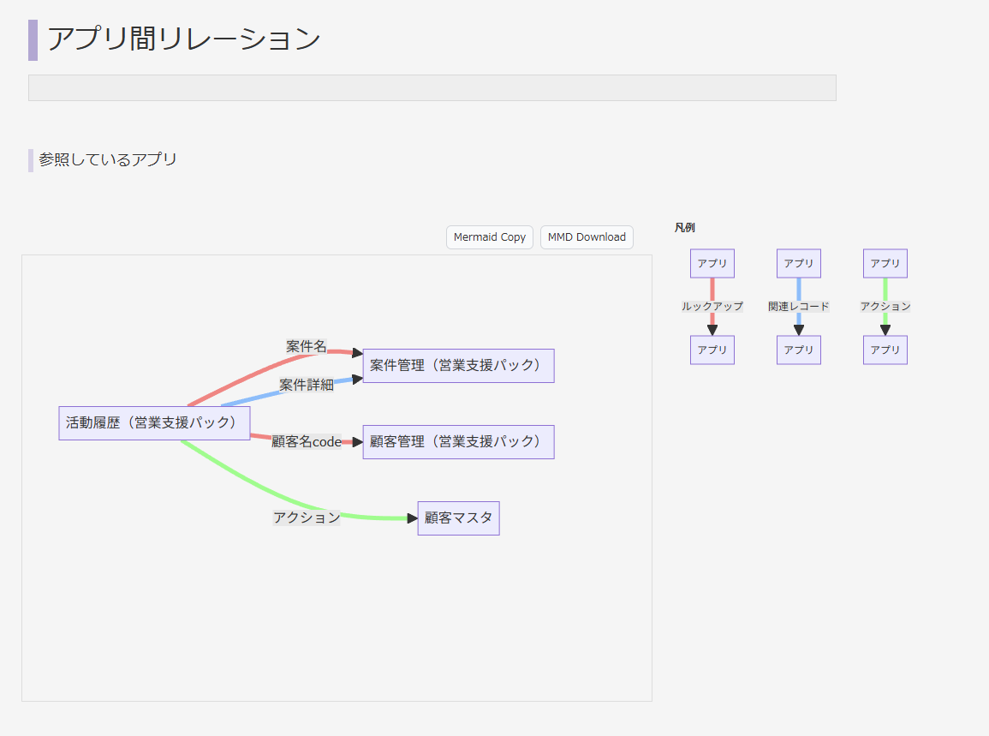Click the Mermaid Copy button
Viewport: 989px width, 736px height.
pyautogui.click(x=490, y=237)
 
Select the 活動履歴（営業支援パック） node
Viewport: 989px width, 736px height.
pyautogui.click(x=154, y=423)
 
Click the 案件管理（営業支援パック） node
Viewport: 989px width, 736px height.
pyautogui.click(x=458, y=366)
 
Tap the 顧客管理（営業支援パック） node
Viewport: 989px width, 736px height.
pyautogui.click(x=458, y=442)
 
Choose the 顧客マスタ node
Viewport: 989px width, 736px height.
pyautogui.click(x=458, y=518)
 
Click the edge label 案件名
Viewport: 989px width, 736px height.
pyautogui.click(x=306, y=346)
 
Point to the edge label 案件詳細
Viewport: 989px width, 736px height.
pyautogui.click(x=306, y=385)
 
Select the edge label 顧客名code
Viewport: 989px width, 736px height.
pyautogui.click(x=307, y=442)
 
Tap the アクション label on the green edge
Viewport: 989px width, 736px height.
pyautogui.click(x=307, y=518)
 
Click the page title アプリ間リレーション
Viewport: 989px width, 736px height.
pyautogui.click(x=183, y=39)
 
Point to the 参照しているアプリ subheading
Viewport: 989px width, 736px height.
pyautogui.click(x=108, y=159)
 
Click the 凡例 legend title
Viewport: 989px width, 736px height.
pyautogui.click(x=684, y=228)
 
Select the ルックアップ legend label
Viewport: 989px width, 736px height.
pyautogui.click(x=712, y=306)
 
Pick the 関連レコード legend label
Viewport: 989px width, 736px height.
pyautogui.click(x=799, y=306)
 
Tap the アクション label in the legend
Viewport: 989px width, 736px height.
pyautogui.click(x=885, y=306)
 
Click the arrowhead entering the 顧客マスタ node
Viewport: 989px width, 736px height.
pyautogui.click(x=412, y=518)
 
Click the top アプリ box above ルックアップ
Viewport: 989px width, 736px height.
pyautogui.click(x=712, y=264)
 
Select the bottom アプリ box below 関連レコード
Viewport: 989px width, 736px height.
pyautogui.click(x=799, y=350)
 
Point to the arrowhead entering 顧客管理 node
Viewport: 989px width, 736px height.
pyautogui.click(x=357, y=442)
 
